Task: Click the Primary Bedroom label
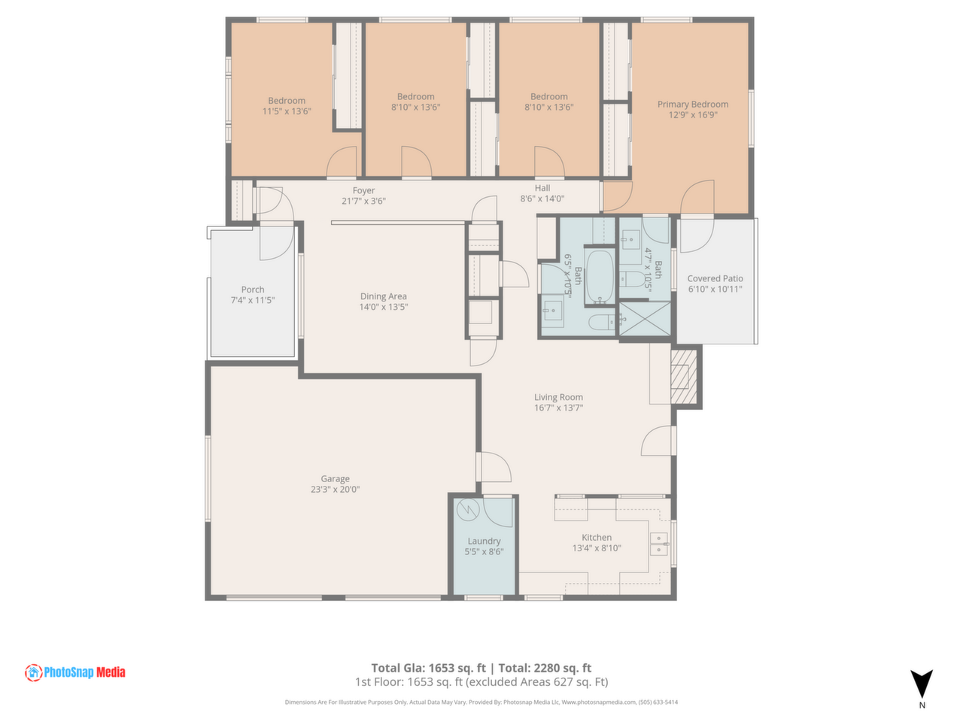[x=692, y=105]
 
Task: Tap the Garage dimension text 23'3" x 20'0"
[x=335, y=489]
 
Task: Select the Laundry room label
[x=484, y=541]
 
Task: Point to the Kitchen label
[x=596, y=537]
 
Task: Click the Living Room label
[x=558, y=397]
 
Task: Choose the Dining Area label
[x=383, y=296]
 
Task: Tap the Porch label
[x=253, y=290]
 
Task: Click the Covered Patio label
[x=715, y=278]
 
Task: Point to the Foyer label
[x=363, y=191]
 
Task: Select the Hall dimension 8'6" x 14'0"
[x=542, y=199]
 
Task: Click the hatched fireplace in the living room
[x=683, y=377]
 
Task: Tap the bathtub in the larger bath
[x=600, y=276]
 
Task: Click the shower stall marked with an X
[x=645, y=318]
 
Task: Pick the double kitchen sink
[x=658, y=544]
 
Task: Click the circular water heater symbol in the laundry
[x=468, y=509]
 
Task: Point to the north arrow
[x=921, y=684]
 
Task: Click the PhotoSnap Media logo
[x=75, y=672]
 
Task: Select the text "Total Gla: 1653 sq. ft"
[x=428, y=668]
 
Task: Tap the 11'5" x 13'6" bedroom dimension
[x=287, y=111]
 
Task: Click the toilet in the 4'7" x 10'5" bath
[x=632, y=278]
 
